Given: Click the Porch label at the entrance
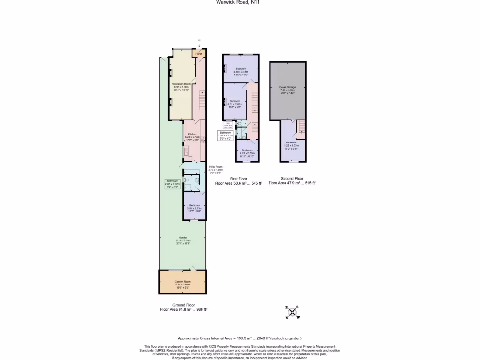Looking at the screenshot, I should pyautogui.click(x=199, y=54).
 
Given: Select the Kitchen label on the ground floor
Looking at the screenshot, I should pyautogui.click(x=193, y=136).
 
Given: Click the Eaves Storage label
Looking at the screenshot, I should pyautogui.click(x=288, y=89).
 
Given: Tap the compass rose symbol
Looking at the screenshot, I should pyautogui.click(x=292, y=312).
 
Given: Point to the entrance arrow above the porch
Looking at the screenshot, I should pyautogui.click(x=199, y=45).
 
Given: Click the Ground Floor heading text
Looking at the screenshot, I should pyautogui.click(x=184, y=305).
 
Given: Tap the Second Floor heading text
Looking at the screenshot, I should pyautogui.click(x=292, y=179).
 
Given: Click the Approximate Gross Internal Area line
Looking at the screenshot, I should pyautogui.click(x=240, y=338).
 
